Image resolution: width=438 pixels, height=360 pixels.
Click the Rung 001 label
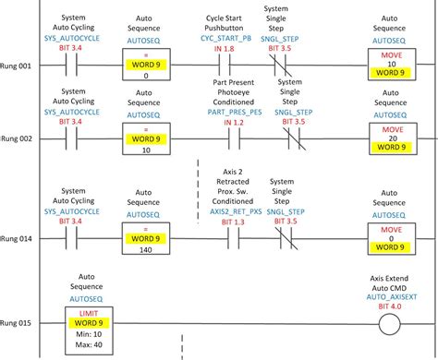pos(18,67)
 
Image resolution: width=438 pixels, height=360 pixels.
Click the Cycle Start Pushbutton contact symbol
pos(225,67)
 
